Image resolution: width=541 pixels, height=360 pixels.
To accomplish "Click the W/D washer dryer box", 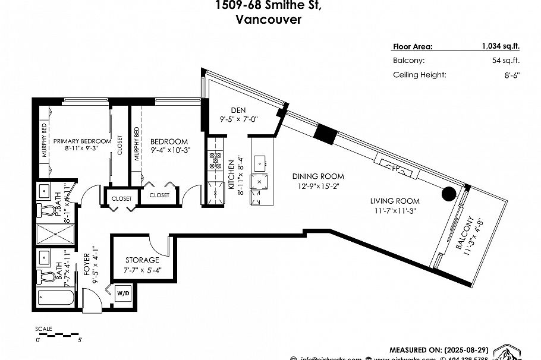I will click(x=122, y=293).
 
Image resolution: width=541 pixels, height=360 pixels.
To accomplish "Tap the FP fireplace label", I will click(x=396, y=168).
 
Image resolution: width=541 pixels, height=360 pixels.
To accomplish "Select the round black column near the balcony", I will click(x=448, y=194).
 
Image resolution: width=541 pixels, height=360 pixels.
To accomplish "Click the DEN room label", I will click(x=238, y=110).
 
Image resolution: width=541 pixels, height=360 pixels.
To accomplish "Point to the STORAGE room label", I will click(x=142, y=260).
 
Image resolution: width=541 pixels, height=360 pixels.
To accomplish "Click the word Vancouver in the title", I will click(x=268, y=20).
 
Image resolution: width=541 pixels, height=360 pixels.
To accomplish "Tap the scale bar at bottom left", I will click(x=58, y=335).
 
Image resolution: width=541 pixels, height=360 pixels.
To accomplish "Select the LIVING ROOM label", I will click(x=395, y=201).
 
